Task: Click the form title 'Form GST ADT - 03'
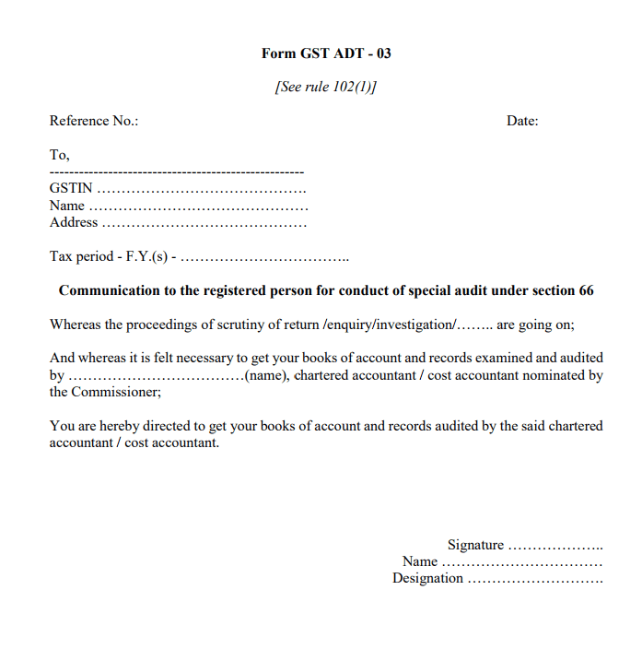click(326, 53)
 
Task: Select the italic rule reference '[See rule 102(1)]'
click(326, 87)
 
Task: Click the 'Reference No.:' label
click(94, 121)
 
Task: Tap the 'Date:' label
click(522, 121)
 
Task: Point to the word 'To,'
click(60, 155)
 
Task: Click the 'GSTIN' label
click(71, 189)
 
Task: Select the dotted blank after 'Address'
click(204, 223)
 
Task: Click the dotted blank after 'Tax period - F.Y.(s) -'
click(266, 256)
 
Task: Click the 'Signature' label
click(475, 545)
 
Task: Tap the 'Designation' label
click(427, 578)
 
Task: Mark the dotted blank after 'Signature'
click(555, 546)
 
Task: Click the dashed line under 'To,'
click(177, 172)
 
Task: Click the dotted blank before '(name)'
click(155, 376)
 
